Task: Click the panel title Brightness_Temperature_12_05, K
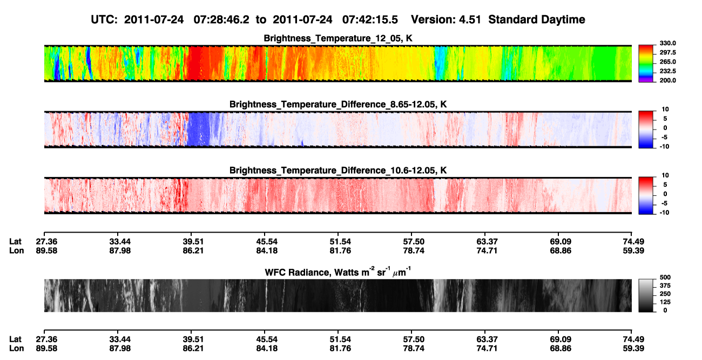tap(338, 38)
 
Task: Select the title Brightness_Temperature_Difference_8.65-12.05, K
tap(338, 104)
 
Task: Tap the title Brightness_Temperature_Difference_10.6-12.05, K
tap(338, 171)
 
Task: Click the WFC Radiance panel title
tap(338, 272)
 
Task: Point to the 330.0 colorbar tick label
tap(667, 43)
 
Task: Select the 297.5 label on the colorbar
tap(667, 52)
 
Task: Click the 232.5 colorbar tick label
tap(667, 71)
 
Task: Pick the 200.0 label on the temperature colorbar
tap(667, 80)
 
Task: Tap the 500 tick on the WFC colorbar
tap(665, 277)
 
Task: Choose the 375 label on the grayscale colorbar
tap(665, 286)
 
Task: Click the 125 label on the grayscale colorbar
tap(665, 302)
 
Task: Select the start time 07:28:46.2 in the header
tap(221, 19)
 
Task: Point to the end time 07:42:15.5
tap(370, 19)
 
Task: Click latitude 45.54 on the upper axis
tap(267, 242)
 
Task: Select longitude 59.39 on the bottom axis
tap(633, 349)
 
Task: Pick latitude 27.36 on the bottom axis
tap(46, 339)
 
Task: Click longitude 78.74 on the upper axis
tap(414, 250)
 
